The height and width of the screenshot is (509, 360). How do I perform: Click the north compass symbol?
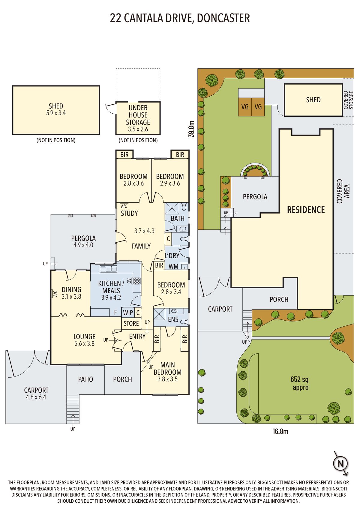pyautogui.click(x=340, y=463)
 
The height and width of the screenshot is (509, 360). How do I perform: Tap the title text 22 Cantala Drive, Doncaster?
pyautogui.click(x=180, y=18)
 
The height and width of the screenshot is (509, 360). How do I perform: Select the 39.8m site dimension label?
pyautogui.click(x=192, y=129)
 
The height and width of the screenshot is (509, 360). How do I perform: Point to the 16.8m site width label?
pyautogui.click(x=280, y=432)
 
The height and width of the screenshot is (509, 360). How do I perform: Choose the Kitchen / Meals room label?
pyautogui.click(x=111, y=287)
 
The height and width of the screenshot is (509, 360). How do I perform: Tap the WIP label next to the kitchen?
pyautogui.click(x=128, y=313)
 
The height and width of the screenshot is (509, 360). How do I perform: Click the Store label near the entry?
pyautogui.click(x=131, y=323)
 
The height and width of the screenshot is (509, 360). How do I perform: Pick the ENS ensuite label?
pyautogui.click(x=173, y=319)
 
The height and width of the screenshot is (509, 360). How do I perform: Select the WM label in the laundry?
pyautogui.click(x=173, y=267)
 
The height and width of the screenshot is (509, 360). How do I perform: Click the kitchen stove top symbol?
pyautogui.click(x=137, y=281)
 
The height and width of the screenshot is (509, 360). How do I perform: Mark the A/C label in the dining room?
pyautogui.click(x=55, y=294)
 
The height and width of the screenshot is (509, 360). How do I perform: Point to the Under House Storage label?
pyautogui.click(x=138, y=115)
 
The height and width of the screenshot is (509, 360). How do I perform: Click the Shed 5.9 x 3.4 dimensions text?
pyautogui.click(x=56, y=113)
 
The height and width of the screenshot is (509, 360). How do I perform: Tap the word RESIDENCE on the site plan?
pyautogui.click(x=306, y=210)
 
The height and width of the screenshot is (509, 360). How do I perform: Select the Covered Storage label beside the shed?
pyautogui.click(x=348, y=100)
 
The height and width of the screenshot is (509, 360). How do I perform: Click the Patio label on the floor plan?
pyautogui.click(x=85, y=379)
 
